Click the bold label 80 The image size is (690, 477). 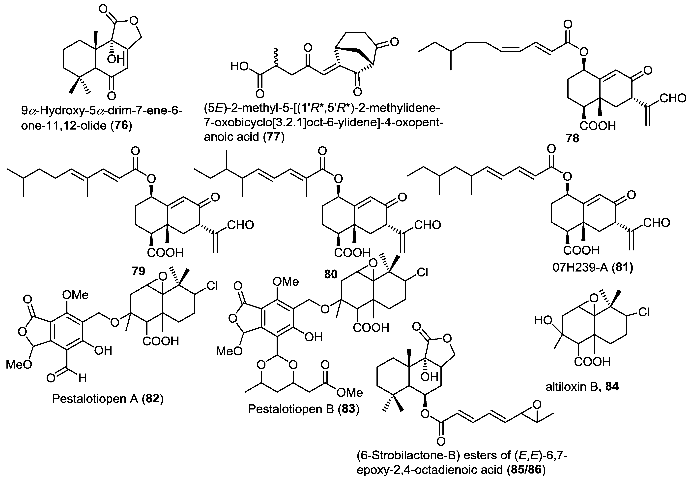331,274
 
